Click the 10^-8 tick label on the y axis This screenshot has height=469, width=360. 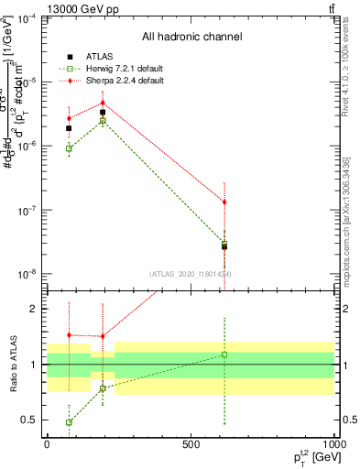click(27, 274)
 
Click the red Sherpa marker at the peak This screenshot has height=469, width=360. click(103, 103)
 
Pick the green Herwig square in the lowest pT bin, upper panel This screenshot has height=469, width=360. click(70, 148)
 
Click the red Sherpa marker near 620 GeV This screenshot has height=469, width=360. click(224, 202)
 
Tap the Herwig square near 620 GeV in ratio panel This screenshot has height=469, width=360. click(224, 354)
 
